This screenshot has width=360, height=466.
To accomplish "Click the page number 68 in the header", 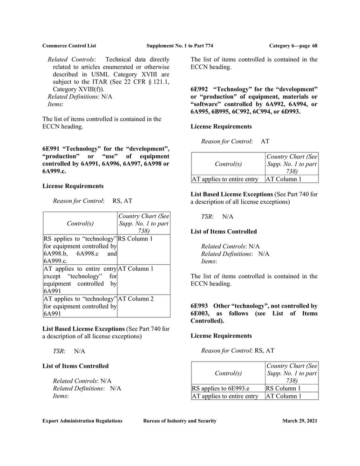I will [x=315, y=46].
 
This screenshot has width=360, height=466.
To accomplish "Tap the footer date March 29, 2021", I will [x=299, y=421].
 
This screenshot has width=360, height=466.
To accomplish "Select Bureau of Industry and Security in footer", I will [x=180, y=421].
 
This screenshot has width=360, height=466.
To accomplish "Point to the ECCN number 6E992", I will [x=200, y=89].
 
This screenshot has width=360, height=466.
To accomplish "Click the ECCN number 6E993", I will [x=200, y=306].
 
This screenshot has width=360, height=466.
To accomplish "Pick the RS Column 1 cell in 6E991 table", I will [x=136, y=239].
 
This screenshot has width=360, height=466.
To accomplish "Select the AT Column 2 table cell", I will [x=136, y=299].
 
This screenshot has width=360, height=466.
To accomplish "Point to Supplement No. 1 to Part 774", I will [x=180, y=46].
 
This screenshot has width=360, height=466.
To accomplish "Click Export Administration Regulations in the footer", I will [x=82, y=421].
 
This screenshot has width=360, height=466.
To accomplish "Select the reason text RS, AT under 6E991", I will [x=122, y=201].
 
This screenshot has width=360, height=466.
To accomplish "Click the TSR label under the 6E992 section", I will [x=207, y=217].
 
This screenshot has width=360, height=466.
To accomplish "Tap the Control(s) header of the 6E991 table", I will [x=80, y=223].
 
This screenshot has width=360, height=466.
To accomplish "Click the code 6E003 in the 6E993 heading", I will [x=201, y=314].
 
